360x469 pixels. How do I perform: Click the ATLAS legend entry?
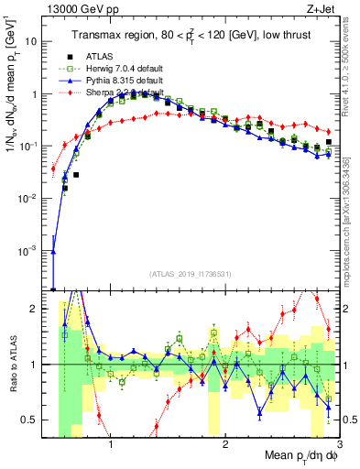click(x=101, y=60)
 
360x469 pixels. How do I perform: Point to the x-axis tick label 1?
click(x=111, y=443)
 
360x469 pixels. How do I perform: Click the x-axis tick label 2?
click(x=225, y=443)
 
